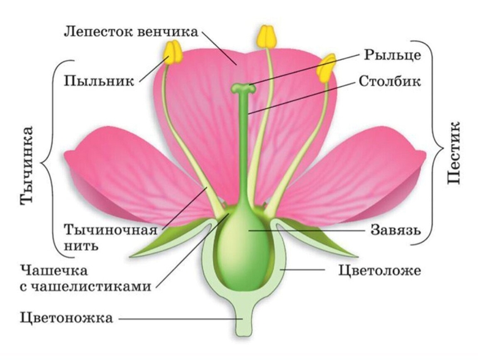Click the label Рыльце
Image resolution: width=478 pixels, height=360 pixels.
[x=393, y=56]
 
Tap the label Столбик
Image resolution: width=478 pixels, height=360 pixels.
[x=390, y=81]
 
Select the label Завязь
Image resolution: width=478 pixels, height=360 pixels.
[x=396, y=231]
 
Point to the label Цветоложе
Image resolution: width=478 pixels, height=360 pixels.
[x=379, y=270]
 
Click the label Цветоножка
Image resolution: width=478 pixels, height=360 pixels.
[x=66, y=318]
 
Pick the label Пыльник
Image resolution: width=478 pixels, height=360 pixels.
[x=99, y=81]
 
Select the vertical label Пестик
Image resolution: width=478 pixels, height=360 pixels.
[x=453, y=153]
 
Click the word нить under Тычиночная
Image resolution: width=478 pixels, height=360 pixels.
[x=81, y=245]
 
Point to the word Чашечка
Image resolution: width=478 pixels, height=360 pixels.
[x=54, y=270]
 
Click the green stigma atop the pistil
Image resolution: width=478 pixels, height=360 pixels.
[x=243, y=88]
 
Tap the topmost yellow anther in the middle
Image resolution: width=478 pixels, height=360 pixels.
[x=267, y=37]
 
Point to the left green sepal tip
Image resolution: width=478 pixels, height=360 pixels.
[x=131, y=256]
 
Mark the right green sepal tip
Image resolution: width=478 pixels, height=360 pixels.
[x=357, y=256]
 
